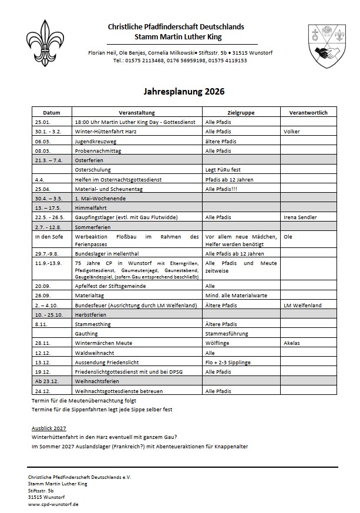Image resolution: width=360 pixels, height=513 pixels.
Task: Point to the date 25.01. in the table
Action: click(x=42, y=122)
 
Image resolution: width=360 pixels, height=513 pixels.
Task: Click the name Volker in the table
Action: click(x=291, y=132)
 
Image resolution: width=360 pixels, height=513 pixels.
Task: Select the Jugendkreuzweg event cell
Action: click(x=97, y=141)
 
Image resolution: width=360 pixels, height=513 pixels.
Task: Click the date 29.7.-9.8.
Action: click(x=48, y=253)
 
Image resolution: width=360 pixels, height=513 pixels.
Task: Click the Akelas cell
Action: click(x=292, y=343)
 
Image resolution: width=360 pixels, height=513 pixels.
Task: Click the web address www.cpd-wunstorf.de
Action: click(x=53, y=504)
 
